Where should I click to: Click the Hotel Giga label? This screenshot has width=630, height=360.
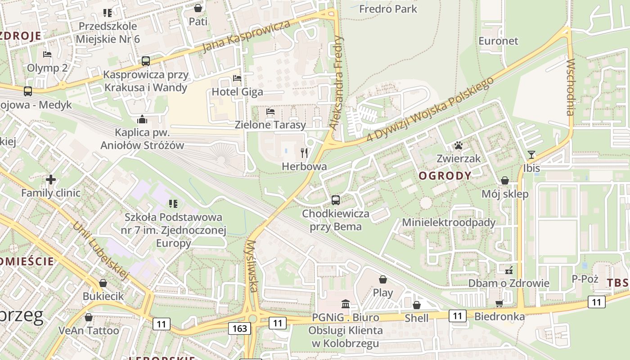pos(237,92)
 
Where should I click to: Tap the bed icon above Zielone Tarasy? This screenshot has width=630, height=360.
pos(270,112)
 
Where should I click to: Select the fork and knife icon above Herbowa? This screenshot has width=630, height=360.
pos(305,153)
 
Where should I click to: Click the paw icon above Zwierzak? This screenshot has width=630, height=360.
pos(459,145)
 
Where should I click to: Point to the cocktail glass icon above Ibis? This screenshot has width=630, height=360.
pos(531,155)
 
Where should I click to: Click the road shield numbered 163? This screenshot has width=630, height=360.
pos(239,328)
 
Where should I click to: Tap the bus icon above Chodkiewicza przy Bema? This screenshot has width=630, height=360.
pos(336,200)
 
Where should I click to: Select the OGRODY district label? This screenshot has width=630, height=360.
pos(445,176)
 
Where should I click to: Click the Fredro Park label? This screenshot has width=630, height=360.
pos(388,9)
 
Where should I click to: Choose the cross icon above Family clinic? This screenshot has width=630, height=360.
pos(51,180)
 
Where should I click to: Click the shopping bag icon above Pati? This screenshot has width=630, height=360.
pos(198,8)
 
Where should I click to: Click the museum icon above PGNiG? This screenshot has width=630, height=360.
pos(346,304)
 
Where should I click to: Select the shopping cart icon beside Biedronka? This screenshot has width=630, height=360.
pos(499,304)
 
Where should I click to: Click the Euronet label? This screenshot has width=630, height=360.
pos(498,41)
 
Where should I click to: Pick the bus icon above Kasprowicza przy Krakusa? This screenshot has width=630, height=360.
pos(145,61)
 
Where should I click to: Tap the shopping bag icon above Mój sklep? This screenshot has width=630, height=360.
pos(505,180)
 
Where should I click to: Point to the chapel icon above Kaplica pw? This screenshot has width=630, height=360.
pos(142,119)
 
